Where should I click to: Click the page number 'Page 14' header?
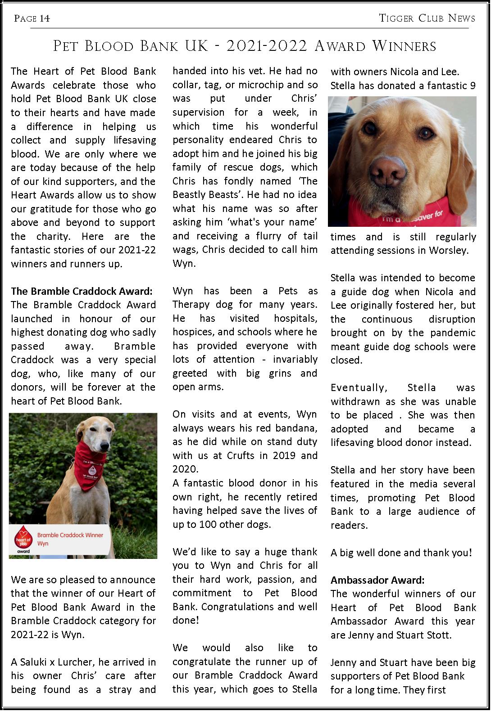[x=32, y=18]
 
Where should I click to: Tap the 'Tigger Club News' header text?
[x=427, y=18]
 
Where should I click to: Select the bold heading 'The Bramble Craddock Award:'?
[x=82, y=291]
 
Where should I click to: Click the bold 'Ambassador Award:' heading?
[x=377, y=580]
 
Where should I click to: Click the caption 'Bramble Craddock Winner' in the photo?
[x=70, y=535]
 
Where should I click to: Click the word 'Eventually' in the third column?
[x=359, y=387]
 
